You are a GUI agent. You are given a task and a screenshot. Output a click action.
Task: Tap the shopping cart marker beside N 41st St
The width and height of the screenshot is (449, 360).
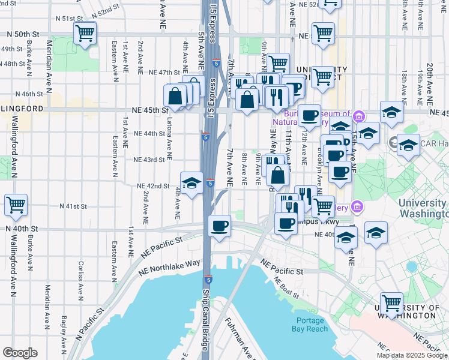(x=16, y=205)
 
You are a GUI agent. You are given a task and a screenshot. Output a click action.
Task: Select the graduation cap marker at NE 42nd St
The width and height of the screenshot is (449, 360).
(x=191, y=183)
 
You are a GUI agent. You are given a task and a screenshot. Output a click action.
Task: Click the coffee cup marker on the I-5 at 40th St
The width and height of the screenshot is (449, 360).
(x=219, y=226)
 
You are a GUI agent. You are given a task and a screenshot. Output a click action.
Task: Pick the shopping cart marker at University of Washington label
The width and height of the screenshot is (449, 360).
(x=391, y=303)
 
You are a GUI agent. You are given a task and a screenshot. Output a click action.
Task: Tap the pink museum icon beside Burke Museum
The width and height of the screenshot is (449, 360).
(x=359, y=115)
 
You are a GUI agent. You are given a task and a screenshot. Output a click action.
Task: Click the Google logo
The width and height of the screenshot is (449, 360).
(x=20, y=353)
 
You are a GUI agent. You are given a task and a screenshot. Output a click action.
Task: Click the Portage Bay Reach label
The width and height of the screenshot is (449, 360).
(x=309, y=325)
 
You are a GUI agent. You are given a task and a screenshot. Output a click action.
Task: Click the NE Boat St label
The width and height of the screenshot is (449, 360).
(x=286, y=287)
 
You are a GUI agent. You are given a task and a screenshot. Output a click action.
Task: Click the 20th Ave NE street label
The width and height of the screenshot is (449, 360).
(x=430, y=81)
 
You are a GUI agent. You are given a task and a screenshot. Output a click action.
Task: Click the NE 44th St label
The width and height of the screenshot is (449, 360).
(x=149, y=133)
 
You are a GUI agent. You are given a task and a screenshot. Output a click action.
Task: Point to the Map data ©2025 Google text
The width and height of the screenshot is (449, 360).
(x=411, y=355)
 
